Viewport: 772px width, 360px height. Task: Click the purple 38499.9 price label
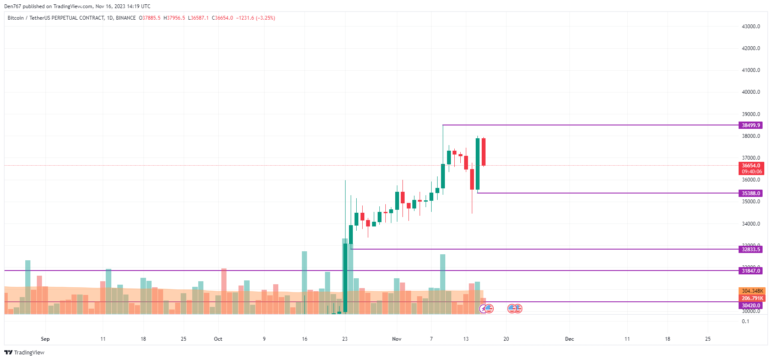pos(751,125)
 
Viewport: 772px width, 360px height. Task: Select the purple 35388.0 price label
pos(751,193)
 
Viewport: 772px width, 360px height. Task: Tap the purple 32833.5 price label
pos(751,250)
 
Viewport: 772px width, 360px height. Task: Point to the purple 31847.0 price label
pos(751,271)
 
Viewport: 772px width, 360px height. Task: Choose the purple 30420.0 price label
pos(751,306)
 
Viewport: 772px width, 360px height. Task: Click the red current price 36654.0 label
pos(751,166)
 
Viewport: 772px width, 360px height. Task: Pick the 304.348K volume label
pos(752,291)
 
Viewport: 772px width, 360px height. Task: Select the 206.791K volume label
pos(752,298)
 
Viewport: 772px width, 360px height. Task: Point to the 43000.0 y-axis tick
pos(751,27)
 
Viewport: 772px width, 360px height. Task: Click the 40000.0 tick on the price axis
pos(751,92)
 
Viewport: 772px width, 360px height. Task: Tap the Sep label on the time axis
pos(45,339)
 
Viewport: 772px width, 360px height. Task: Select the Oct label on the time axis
pos(218,339)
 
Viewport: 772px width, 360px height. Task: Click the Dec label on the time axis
pos(569,339)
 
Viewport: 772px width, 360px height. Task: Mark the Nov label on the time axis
pos(397,339)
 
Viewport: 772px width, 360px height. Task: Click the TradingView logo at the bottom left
pos(24,353)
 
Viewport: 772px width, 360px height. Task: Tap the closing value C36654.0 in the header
pos(223,18)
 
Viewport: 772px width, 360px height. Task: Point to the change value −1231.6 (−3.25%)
pos(256,18)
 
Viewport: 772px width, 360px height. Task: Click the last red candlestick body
pos(483,152)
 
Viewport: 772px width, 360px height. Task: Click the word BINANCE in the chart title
pos(126,18)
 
